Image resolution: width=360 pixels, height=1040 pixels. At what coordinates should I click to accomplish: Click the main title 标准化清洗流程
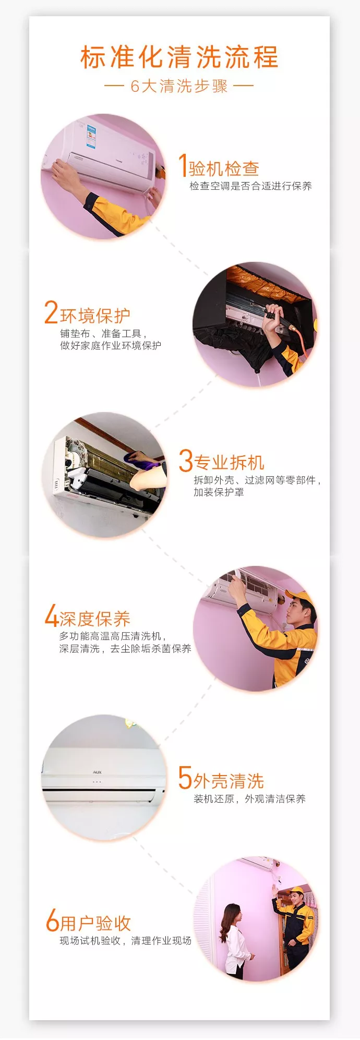point(179,57)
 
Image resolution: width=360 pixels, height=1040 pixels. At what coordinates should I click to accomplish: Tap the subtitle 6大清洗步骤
point(179,86)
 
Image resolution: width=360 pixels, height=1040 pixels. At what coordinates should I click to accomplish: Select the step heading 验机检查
point(224,168)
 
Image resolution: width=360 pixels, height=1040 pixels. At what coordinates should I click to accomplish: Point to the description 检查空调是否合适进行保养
point(250,186)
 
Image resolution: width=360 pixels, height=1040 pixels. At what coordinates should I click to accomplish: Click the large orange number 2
point(51,312)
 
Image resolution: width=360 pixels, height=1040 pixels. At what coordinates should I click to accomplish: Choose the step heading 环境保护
point(95,316)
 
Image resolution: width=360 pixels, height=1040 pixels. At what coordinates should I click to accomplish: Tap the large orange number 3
point(186,460)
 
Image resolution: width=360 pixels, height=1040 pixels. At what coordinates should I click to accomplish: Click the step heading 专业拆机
point(229,463)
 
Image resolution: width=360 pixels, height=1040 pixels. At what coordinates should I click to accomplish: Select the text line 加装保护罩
point(219,492)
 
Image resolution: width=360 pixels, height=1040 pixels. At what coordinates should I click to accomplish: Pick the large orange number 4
point(51,615)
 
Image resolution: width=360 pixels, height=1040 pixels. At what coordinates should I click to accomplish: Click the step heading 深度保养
point(95,619)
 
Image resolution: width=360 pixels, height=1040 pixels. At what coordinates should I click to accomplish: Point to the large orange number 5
point(185,778)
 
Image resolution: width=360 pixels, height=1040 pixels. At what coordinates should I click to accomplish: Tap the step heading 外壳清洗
point(229,781)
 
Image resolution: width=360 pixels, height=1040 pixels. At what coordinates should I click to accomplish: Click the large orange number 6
point(52,920)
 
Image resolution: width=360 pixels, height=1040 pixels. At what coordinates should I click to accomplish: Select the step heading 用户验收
point(95,923)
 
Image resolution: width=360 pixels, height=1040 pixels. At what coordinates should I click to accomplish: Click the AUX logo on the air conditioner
point(97,772)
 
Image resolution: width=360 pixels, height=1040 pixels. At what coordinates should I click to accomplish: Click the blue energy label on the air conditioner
point(91,135)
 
